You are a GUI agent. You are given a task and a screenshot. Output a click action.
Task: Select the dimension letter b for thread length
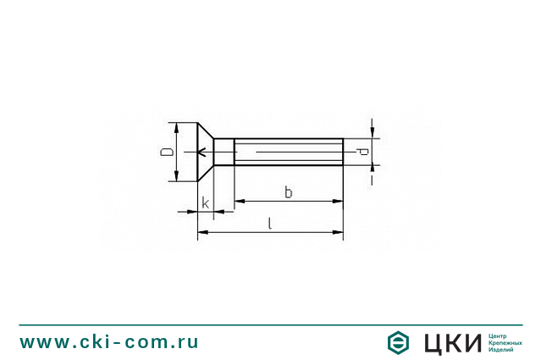(288, 192)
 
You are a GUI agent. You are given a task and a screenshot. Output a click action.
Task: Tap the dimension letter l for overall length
(270, 224)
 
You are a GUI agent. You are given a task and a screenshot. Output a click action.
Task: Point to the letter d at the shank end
(362, 152)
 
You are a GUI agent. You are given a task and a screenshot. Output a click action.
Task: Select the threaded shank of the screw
(288, 152)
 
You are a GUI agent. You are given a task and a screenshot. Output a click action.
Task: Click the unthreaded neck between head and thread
(224, 152)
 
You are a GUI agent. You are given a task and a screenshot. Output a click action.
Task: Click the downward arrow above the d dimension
(372, 132)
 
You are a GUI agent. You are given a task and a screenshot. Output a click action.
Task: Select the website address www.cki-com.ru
(109, 342)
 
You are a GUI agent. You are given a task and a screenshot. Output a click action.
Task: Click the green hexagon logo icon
(399, 342)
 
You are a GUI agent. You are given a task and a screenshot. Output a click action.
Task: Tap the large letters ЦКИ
(451, 342)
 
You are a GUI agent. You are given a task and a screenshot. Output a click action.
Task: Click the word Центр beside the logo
(500, 335)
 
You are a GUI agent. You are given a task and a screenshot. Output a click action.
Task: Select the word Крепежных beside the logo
(505, 342)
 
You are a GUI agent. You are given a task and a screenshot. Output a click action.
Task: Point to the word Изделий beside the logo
(502, 349)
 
